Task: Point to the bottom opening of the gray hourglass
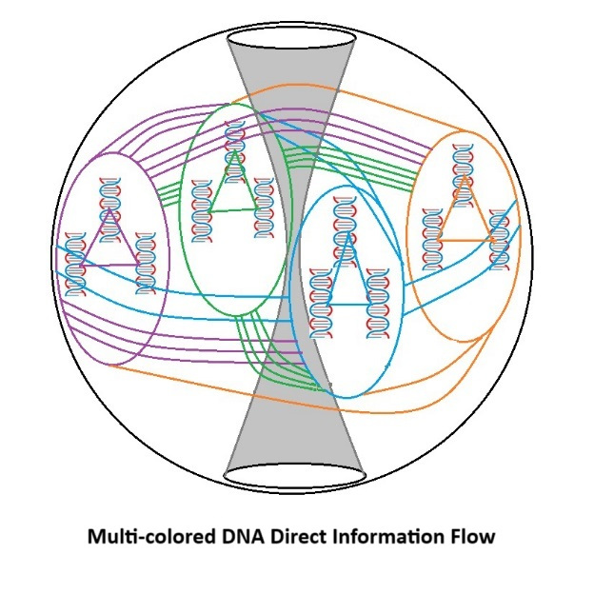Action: [295, 473]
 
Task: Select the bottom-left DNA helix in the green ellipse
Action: [202, 209]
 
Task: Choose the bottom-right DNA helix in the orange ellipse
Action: [498, 238]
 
